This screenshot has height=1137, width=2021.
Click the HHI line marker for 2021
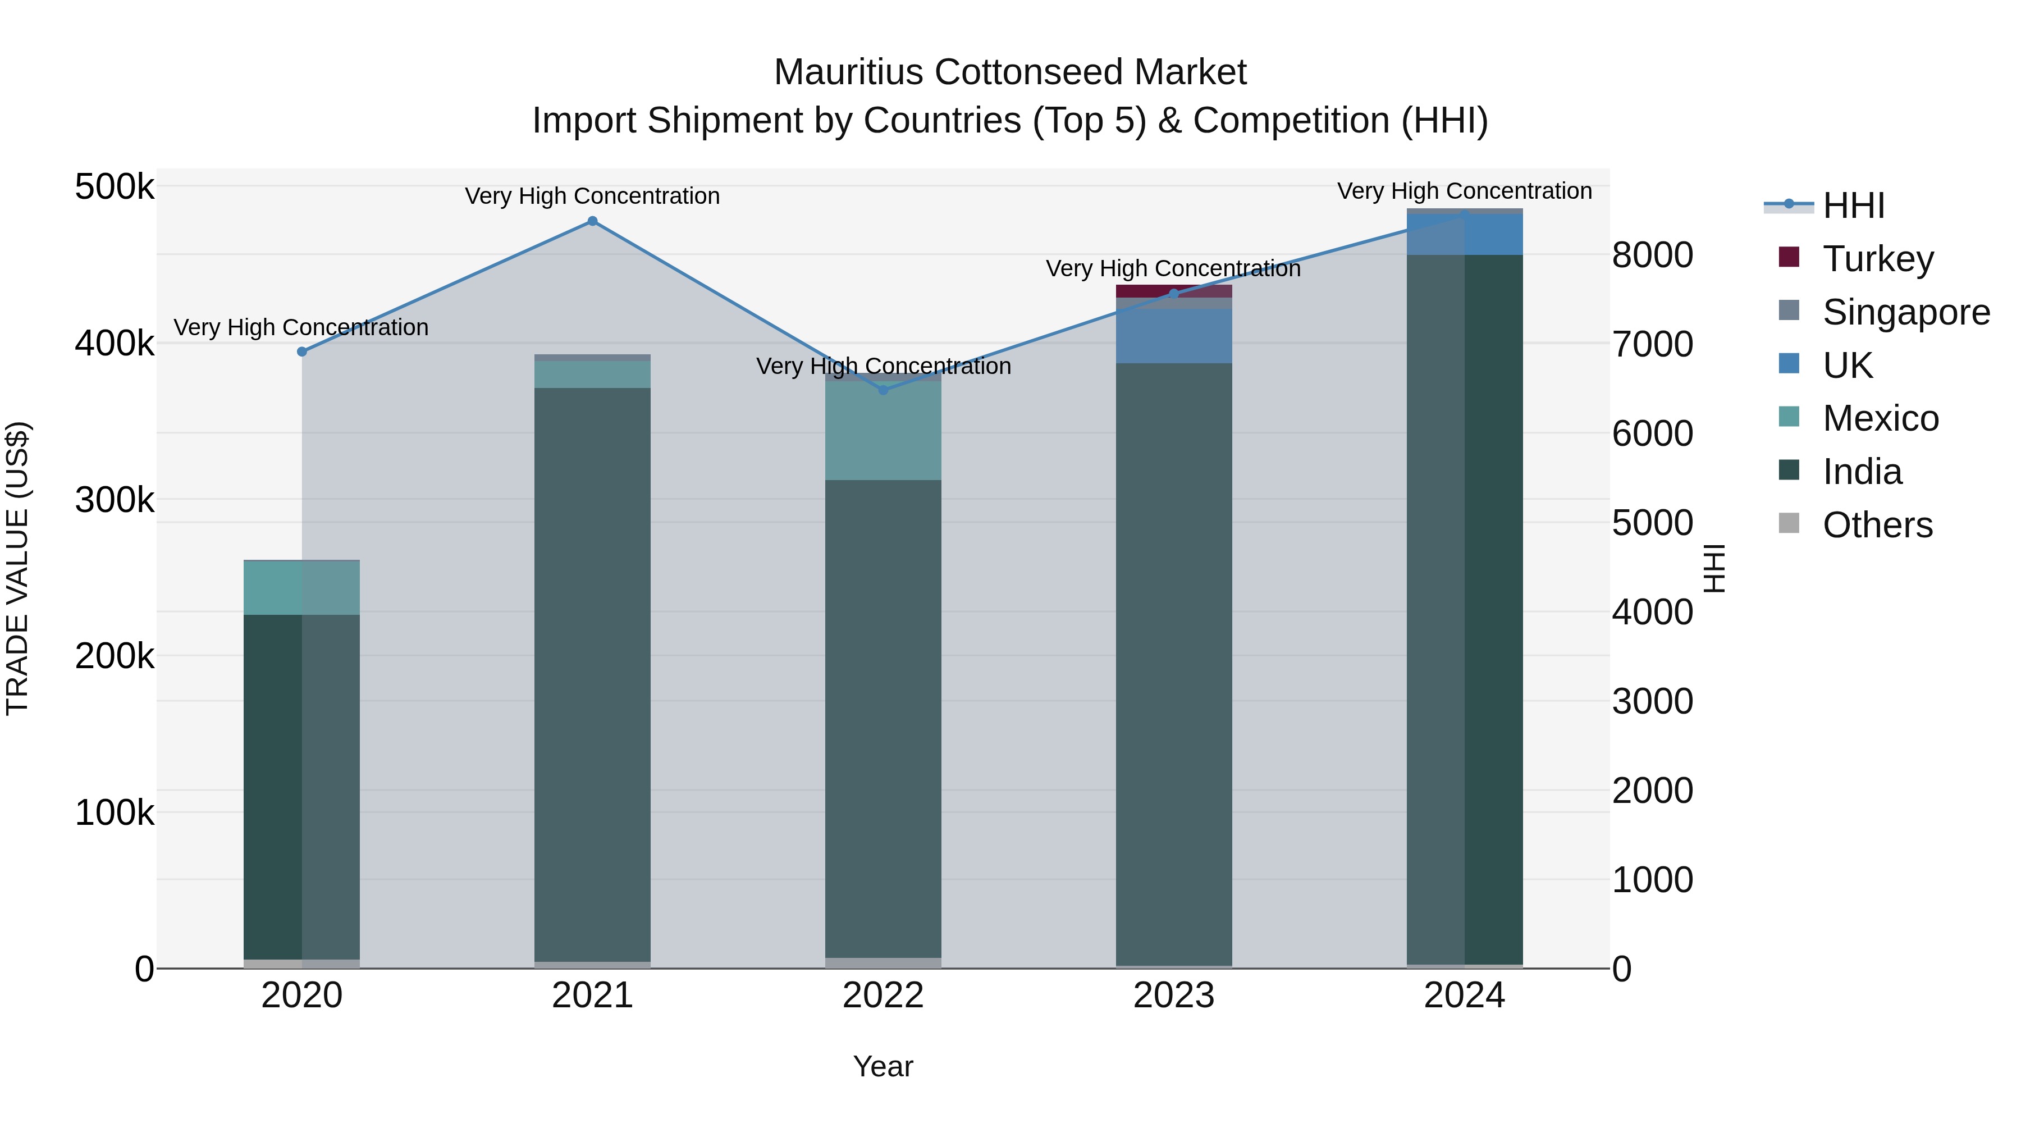[592, 221]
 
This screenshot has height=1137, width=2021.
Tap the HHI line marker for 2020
[302, 351]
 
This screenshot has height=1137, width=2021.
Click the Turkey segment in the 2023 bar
[1174, 291]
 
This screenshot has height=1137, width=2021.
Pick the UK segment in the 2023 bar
[1174, 336]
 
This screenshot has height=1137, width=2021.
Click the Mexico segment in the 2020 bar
[302, 588]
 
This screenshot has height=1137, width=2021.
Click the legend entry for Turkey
[1877, 258]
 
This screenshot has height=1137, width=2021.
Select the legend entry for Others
[1877, 525]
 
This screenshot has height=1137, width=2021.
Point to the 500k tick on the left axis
[115, 188]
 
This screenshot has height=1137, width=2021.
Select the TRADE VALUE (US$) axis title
[17, 568]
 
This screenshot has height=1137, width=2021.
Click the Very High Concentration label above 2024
[1464, 191]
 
